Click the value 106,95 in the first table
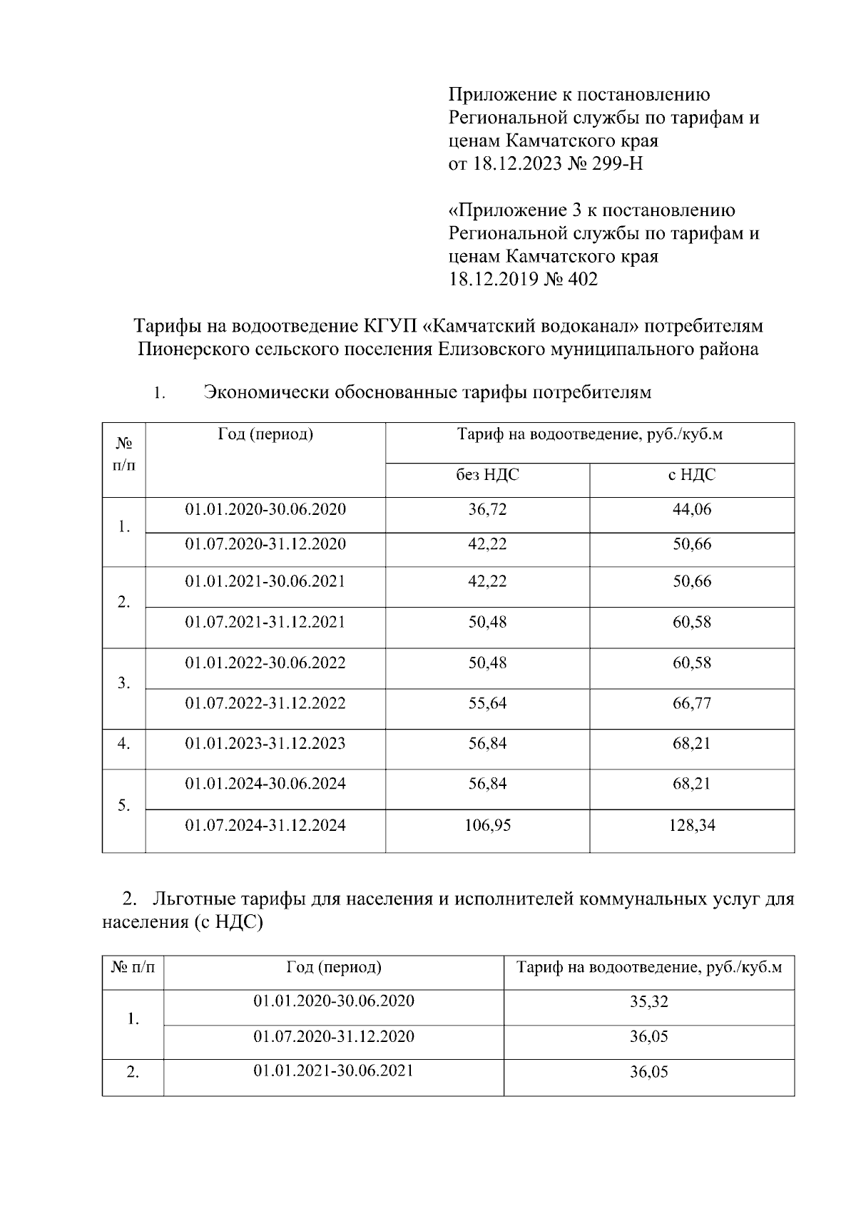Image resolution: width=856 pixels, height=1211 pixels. [x=488, y=826]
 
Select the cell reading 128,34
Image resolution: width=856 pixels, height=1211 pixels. [x=692, y=826]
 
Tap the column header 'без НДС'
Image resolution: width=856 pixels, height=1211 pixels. [x=488, y=475]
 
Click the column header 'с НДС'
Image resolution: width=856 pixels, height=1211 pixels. [x=692, y=475]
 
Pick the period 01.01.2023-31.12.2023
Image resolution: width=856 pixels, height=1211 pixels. [x=265, y=744]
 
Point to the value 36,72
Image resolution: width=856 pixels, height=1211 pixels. [x=488, y=510]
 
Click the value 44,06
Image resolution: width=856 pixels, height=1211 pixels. [x=692, y=510]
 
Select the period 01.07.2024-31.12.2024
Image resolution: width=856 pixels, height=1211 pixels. [x=265, y=826]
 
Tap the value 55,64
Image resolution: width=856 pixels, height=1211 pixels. [x=488, y=703]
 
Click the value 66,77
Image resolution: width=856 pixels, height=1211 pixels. [x=692, y=703]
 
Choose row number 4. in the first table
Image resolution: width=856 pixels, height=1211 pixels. [x=124, y=744]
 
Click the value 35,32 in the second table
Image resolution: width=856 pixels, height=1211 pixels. [x=648, y=1001]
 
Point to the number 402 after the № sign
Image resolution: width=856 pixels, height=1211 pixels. [x=584, y=280]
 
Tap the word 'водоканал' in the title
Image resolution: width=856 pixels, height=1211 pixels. [x=589, y=327]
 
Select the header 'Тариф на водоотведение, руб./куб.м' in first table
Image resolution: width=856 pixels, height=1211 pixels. [x=589, y=434]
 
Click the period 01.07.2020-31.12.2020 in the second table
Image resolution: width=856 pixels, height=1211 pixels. [x=334, y=1036]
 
